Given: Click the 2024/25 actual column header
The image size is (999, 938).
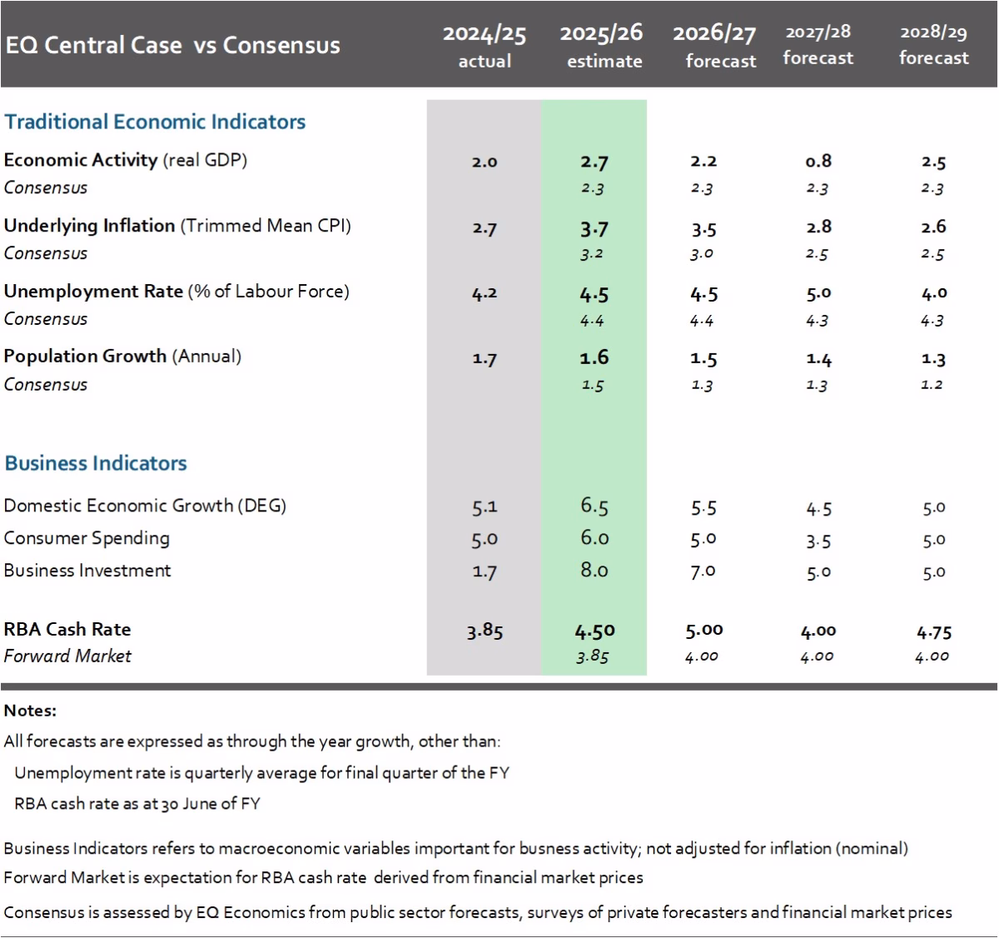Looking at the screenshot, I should tap(485, 46).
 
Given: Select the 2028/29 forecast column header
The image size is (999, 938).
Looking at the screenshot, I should tap(933, 45).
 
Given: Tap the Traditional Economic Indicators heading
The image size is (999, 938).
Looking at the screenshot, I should tap(155, 122).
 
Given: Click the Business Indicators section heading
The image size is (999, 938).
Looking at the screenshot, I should tap(96, 463).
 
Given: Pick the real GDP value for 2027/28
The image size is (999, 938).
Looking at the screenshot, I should tap(818, 161).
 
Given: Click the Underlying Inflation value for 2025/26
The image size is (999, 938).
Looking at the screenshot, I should tap(594, 228).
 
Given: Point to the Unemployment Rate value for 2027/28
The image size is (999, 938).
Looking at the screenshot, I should tap(818, 293).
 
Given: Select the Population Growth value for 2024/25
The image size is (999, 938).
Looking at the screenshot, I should tap(485, 359).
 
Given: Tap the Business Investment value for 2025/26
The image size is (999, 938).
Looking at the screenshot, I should tap(594, 571).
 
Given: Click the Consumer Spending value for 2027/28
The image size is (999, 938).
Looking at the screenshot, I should tap(818, 541).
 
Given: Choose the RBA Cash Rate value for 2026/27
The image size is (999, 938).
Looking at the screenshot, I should tap(703, 631).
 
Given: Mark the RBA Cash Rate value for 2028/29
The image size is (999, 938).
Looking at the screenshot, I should tap(933, 631).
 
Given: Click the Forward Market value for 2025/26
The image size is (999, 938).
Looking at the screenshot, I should tap(592, 656).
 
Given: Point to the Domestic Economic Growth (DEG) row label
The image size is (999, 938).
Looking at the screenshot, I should tap(145, 506).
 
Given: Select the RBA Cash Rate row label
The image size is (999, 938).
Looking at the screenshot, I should tap(67, 629).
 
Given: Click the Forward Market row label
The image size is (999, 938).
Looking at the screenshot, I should tap(67, 656).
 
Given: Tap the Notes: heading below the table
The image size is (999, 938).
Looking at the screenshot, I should tap(30, 711).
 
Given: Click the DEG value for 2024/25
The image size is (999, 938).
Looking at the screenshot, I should tap(485, 506).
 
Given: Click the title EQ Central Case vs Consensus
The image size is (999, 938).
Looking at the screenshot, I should tap(172, 45).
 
